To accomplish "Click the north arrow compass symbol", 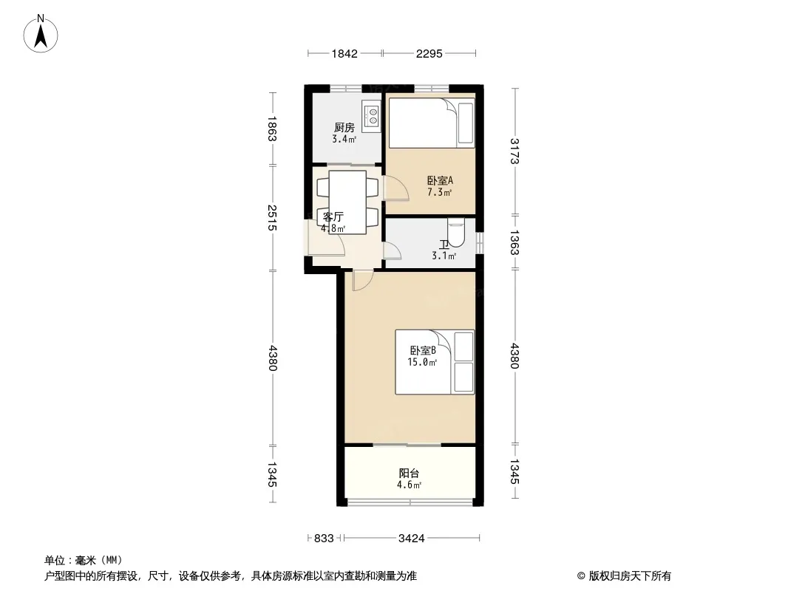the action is [x=40, y=34].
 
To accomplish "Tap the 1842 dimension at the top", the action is [x=344, y=54].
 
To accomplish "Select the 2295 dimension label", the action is [x=429, y=54].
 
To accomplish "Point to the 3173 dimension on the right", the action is [x=514, y=151].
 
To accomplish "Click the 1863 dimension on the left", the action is [x=272, y=129].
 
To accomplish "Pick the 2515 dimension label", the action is [x=272, y=217].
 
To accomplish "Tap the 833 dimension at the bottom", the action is [x=324, y=539].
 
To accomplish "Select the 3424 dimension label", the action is [x=412, y=539].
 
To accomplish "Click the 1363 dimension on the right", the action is [x=514, y=242].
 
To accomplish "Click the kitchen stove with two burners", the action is [x=371, y=116].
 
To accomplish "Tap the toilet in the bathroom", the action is [x=456, y=233].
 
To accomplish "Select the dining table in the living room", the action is [x=347, y=202].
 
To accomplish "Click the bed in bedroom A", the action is [x=432, y=123].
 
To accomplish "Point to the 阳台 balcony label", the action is [x=409, y=473].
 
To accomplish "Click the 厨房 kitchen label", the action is [x=344, y=128].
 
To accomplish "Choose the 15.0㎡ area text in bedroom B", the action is [x=422, y=362].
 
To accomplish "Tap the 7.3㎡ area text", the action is [x=440, y=192].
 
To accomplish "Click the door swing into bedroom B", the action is [x=362, y=281].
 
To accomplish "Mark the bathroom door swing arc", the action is [x=392, y=250].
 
